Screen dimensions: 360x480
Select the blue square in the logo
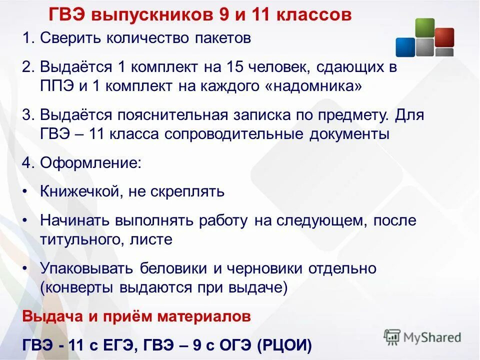tap(405, 47)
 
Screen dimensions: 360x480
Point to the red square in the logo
tap(444, 36)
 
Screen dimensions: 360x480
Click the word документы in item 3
tap(344, 134)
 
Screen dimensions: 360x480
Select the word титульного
tap(79, 239)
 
